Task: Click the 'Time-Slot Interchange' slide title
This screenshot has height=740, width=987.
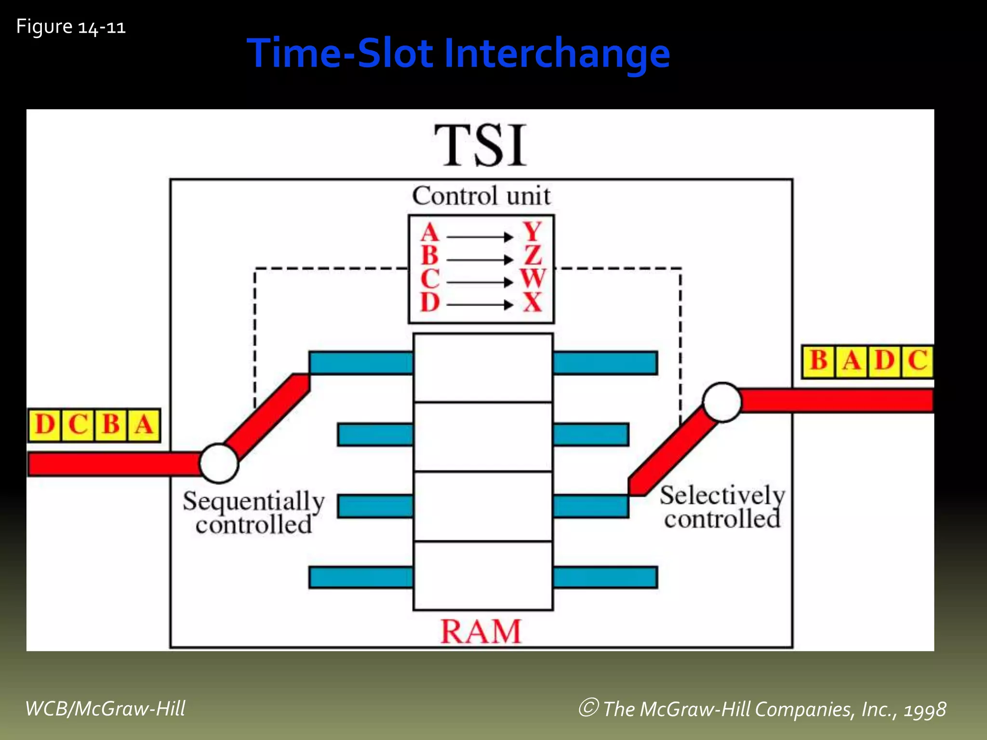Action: tap(458, 53)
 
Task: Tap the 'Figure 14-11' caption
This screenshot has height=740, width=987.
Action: tap(71, 26)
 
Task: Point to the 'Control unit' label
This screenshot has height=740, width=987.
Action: tap(481, 196)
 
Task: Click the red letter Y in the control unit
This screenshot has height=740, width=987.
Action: tap(533, 232)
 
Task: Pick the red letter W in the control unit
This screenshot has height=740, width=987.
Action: tap(533, 278)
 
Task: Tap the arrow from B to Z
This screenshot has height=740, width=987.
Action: tap(480, 260)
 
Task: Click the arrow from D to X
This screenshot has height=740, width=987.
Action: tap(480, 304)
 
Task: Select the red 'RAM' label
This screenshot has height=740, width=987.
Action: tap(481, 631)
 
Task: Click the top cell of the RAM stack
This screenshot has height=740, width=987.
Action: tap(483, 368)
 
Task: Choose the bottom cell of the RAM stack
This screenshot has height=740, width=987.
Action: tap(483, 576)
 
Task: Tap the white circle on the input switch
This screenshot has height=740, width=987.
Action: tap(219, 463)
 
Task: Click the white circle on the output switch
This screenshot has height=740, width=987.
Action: tap(721, 402)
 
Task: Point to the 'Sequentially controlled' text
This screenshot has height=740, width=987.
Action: tap(254, 513)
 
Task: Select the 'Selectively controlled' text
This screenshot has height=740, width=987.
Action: tap(722, 507)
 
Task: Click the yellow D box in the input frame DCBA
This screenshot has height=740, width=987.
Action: tap(45, 425)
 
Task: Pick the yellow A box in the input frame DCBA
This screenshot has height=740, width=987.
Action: tap(144, 425)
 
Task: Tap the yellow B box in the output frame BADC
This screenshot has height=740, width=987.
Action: tap(818, 360)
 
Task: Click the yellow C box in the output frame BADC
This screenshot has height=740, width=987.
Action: tap(918, 360)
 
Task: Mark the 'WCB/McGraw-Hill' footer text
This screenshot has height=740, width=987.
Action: tap(105, 709)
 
